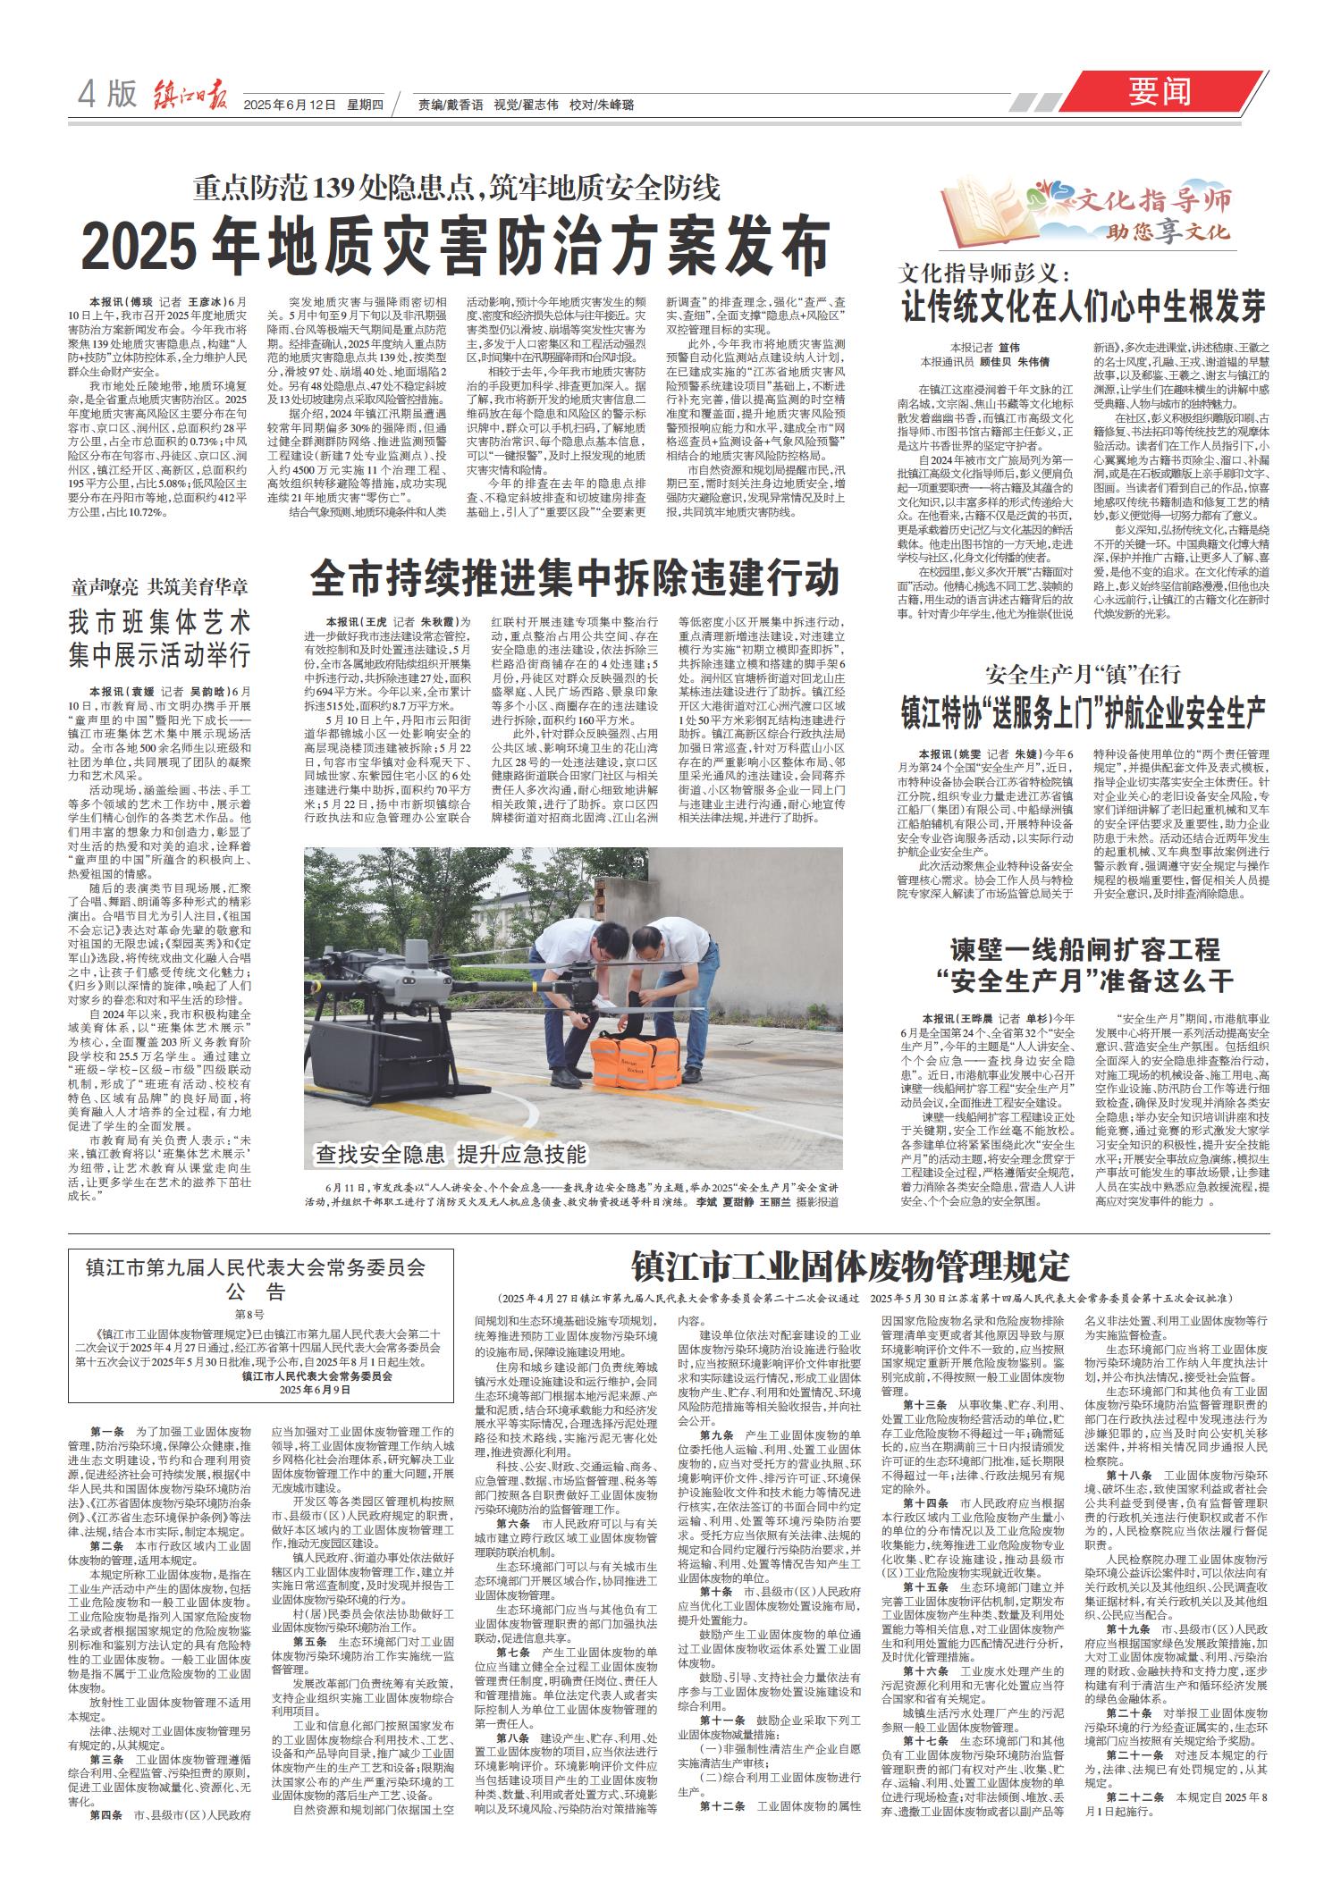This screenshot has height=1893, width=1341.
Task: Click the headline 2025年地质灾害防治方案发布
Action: coord(457,239)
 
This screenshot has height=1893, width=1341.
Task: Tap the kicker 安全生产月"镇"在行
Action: coord(1083,673)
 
